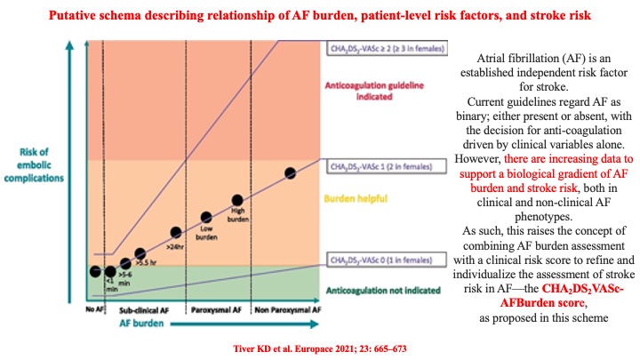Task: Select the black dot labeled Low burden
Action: pyautogui.click(x=206, y=217)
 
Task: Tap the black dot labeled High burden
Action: pyautogui.click(x=237, y=201)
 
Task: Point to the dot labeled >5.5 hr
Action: pyautogui.click(x=140, y=253)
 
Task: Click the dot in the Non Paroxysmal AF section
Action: pyautogui.click(x=290, y=172)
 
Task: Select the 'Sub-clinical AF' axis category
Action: pyautogui.click(x=145, y=311)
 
